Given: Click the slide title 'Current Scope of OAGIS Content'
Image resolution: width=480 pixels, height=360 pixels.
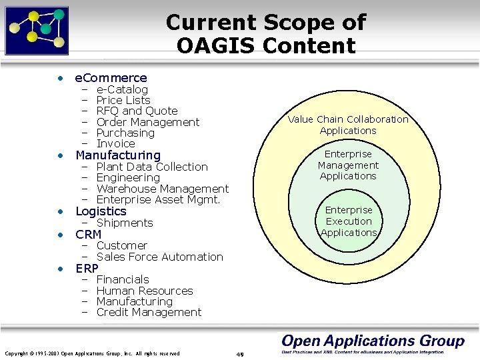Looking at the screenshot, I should pyautogui.click(x=265, y=33).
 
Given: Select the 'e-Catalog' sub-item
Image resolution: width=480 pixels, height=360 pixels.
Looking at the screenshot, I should pyautogui.click(x=122, y=89).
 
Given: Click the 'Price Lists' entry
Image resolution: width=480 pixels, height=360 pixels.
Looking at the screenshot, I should pyautogui.click(x=123, y=100).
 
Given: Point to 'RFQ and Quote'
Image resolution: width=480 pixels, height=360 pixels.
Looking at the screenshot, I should pyautogui.click(x=137, y=111).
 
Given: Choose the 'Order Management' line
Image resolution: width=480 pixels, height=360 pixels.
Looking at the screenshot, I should pyautogui.click(x=147, y=122).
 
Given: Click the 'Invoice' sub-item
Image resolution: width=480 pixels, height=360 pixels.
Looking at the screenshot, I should pyautogui.click(x=115, y=143).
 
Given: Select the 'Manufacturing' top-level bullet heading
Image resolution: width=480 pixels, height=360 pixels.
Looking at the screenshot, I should pyautogui.click(x=118, y=155).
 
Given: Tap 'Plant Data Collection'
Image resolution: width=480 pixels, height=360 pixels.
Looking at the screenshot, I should pyautogui.click(x=152, y=167).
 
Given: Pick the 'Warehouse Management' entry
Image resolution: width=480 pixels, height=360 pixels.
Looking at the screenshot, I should pyautogui.click(x=162, y=189).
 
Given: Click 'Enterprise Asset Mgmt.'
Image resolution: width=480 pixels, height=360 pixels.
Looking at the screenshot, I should pyautogui.click(x=158, y=199).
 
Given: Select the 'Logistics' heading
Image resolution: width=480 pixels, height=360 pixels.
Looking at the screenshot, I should pyautogui.click(x=101, y=211).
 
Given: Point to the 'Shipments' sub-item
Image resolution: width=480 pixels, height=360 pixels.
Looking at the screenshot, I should pyautogui.click(x=125, y=223).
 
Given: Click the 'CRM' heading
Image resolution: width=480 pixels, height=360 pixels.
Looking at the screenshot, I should pyautogui.click(x=89, y=235).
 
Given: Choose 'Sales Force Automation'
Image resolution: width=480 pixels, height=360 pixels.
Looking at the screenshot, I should pyautogui.click(x=159, y=257).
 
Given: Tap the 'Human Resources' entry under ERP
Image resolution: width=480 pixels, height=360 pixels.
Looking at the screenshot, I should pyautogui.click(x=145, y=291).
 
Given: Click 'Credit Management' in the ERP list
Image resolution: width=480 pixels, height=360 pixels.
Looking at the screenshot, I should pyautogui.click(x=149, y=312).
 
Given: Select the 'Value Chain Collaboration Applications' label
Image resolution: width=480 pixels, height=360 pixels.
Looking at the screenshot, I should pyautogui.click(x=348, y=125).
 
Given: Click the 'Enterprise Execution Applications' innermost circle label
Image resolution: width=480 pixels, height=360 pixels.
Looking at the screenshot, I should pyautogui.click(x=349, y=221).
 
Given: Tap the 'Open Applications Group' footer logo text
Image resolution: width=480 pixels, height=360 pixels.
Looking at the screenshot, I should pyautogui.click(x=373, y=341).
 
